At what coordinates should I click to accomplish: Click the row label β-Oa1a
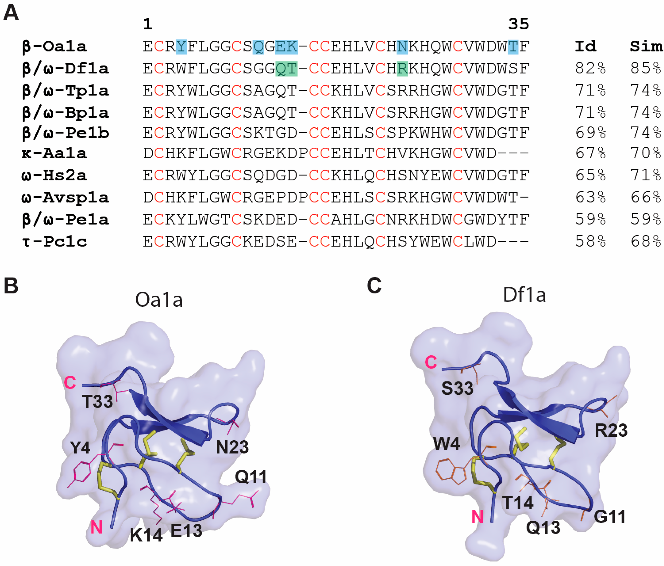(x=54, y=47)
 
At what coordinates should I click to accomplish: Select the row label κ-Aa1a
(x=54, y=154)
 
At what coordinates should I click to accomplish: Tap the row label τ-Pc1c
(x=54, y=241)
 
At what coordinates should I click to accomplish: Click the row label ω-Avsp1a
(x=65, y=197)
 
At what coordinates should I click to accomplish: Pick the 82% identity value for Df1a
(x=590, y=68)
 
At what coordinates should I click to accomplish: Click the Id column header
(x=585, y=47)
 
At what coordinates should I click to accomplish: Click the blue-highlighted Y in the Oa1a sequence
(x=181, y=47)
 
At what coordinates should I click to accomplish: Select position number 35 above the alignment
(x=518, y=24)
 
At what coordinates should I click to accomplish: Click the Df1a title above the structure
(x=524, y=295)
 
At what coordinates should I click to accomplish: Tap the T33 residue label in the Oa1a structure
(x=97, y=402)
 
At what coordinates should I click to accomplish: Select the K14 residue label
(x=146, y=535)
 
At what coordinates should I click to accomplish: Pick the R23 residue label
(x=611, y=430)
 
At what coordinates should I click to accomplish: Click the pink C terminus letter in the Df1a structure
(x=431, y=362)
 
